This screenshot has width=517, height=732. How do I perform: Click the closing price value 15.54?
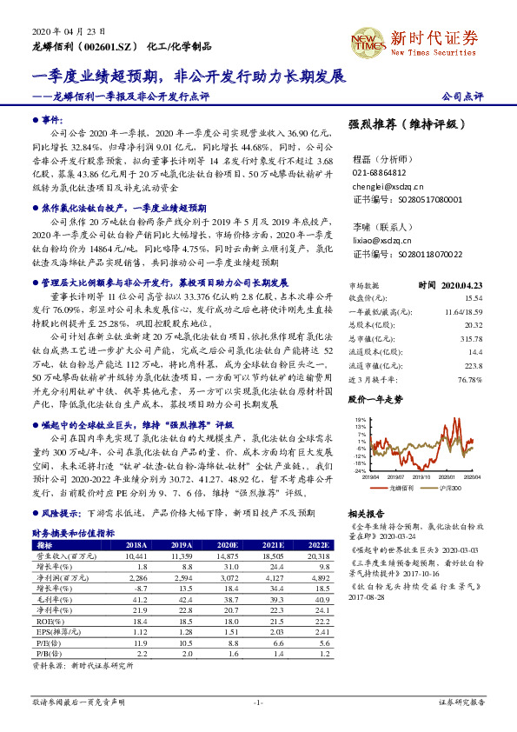474,297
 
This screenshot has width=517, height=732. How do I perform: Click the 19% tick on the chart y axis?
359,420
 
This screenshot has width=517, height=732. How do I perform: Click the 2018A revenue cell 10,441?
138,555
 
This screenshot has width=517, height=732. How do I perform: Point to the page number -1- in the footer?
258,702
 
